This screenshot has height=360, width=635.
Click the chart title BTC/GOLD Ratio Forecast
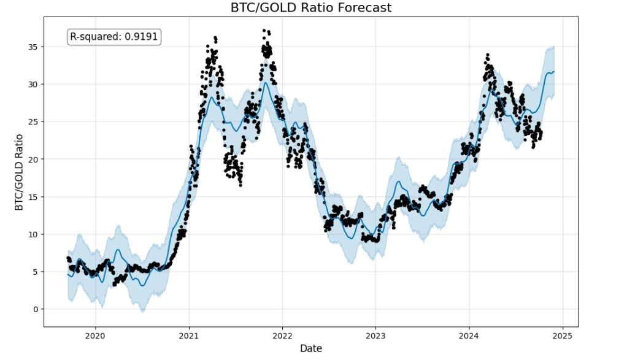pos(310,8)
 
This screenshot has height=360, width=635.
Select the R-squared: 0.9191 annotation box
pos(114,37)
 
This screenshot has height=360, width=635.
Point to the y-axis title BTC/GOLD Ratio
pos(19,172)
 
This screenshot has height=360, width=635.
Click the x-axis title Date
pos(310,348)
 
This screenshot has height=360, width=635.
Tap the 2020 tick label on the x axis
pos(95,335)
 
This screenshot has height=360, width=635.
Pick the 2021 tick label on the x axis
pos(189,335)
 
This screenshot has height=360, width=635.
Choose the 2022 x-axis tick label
pos(282,335)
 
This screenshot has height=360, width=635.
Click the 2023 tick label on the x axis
pos(375,335)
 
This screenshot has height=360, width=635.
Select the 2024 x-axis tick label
pos(469,335)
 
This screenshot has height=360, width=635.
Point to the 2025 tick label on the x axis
pos(563,335)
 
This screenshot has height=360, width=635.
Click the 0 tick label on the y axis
pos(36,309)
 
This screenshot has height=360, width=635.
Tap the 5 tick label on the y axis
pos(36,272)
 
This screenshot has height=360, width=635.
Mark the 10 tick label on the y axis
pos(34,234)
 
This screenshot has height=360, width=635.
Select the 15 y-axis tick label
pos(34,197)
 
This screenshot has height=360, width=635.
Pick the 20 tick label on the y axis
pos(34,159)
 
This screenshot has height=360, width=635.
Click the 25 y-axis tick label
pos(34,121)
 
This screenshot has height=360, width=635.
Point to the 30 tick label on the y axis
pos(34,84)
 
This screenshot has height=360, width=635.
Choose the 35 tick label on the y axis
pos(34,47)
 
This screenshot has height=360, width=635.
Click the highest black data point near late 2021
pos(264,30)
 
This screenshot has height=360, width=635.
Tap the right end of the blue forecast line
pos(554,72)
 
